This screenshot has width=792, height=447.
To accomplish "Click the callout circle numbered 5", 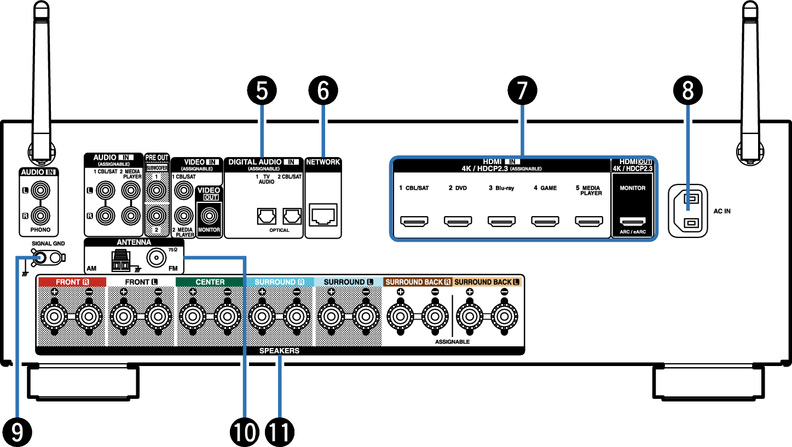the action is click(x=262, y=90).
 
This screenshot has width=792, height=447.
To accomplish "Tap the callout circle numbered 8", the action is click(x=687, y=90).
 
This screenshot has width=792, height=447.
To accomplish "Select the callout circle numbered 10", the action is click(x=245, y=432).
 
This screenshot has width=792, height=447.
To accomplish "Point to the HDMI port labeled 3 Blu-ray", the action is click(x=501, y=221).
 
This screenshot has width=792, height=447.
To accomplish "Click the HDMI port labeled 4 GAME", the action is click(x=545, y=221).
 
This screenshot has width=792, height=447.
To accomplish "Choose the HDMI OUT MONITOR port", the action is click(x=633, y=222).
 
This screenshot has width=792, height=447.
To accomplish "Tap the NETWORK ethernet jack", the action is click(x=323, y=214).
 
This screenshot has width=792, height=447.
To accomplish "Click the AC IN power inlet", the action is click(x=687, y=211).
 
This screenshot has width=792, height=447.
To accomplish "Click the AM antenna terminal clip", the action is click(x=121, y=261).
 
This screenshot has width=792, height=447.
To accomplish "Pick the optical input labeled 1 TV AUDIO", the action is click(x=267, y=216).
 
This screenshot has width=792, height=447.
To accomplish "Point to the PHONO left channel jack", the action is click(x=41, y=190).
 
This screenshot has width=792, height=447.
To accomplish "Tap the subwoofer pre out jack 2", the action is click(x=157, y=216).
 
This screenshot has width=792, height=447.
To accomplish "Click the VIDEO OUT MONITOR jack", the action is click(x=209, y=216).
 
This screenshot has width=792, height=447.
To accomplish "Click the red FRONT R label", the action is click(x=72, y=282).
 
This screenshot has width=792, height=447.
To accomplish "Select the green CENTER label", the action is click(x=210, y=282).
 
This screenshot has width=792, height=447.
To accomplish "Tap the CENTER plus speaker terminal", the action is click(x=193, y=316).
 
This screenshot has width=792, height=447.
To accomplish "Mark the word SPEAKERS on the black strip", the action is click(x=279, y=351).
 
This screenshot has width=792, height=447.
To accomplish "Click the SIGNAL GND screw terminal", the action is click(x=40, y=258).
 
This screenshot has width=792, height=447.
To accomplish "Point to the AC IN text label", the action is click(x=722, y=211).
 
